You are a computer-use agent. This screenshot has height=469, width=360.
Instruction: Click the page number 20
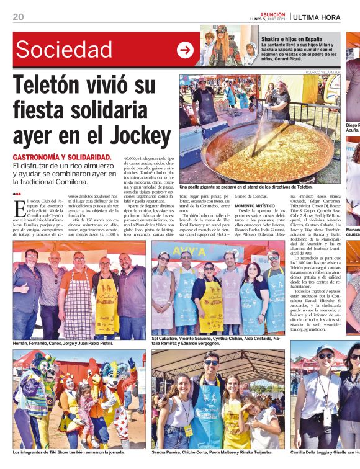[18, 17]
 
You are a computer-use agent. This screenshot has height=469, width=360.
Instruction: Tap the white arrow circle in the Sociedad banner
[185, 50]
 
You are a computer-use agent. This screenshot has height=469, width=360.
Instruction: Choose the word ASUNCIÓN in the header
[272, 14]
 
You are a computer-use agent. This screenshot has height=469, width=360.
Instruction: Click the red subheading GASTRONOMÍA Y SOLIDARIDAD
[62, 158]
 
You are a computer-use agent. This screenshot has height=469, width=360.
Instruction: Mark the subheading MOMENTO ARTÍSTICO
[254, 205]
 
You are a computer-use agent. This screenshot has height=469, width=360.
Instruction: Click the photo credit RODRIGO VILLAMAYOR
[323, 73]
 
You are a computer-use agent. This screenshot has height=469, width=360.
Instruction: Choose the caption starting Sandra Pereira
[212, 452]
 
